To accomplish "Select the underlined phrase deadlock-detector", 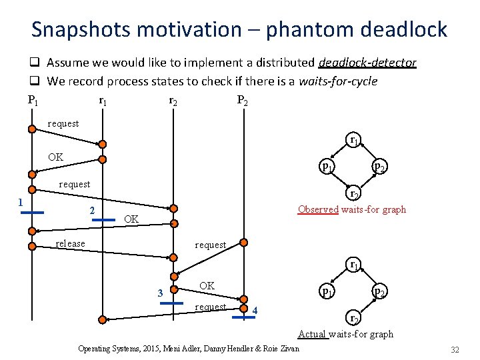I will [x=367, y=63].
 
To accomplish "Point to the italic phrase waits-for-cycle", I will [x=338, y=81].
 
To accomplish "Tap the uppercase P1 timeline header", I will [x=32, y=101].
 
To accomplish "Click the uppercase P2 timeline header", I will [x=243, y=101].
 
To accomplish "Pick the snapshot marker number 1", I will [x=21, y=203].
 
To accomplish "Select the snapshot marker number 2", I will [x=92, y=211].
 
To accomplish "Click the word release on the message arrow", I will [x=70, y=244].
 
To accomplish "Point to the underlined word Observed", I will [x=318, y=209].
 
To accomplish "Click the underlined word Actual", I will [x=312, y=334].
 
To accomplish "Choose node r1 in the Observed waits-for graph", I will [x=355, y=141].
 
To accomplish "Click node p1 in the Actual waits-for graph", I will [x=326, y=291].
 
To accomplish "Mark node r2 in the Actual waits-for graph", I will [x=355, y=317].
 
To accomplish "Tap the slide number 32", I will [x=455, y=349].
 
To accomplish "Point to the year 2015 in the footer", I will [x=141, y=349].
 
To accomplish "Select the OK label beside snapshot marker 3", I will [x=207, y=285].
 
